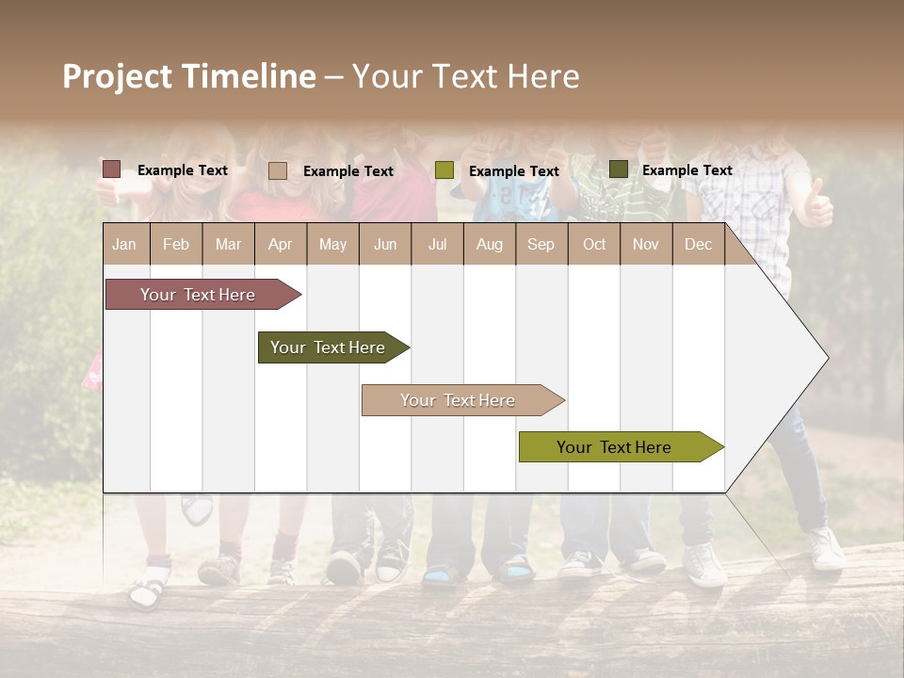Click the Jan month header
point(125,244)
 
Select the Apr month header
point(281,244)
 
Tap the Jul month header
point(437,244)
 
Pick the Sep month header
point(541,244)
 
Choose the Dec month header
point(698,244)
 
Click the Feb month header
point(176,244)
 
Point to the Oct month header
point(594,244)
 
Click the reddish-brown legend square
point(112,169)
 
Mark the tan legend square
point(278,170)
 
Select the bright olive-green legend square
point(444,170)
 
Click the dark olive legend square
point(618,169)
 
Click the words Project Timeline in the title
point(188,76)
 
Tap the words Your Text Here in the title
point(466,76)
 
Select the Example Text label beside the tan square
point(348,171)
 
